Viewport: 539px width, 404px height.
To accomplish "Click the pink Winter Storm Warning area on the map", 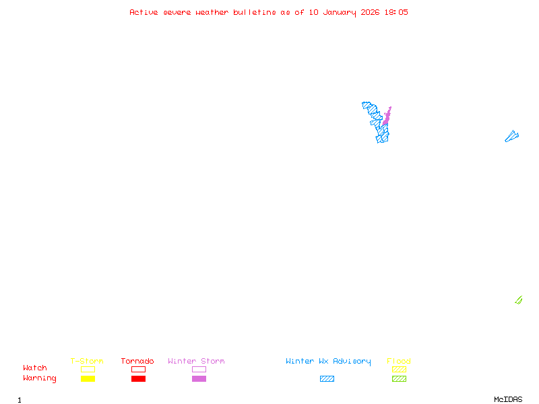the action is point(387,116).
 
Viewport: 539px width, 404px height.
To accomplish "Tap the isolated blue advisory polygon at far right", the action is point(511,137).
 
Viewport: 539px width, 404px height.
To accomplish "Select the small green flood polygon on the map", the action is point(518,300).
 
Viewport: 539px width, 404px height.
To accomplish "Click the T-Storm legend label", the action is point(87,362).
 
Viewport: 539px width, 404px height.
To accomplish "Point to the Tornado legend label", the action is point(137,362).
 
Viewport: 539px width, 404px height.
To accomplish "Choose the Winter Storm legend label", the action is point(196,362).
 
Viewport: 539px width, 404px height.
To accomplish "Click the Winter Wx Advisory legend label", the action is point(328,362).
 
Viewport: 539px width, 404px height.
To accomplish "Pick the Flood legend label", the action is point(399,362).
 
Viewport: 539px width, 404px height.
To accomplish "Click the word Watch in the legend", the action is point(35,368).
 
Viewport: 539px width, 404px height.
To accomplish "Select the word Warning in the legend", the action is point(40,378).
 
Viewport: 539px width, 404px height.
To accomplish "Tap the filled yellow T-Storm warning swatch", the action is point(88,379).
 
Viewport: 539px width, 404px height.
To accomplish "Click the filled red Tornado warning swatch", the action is point(138,379).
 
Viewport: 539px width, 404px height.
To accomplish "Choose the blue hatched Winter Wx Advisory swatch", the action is point(327,379).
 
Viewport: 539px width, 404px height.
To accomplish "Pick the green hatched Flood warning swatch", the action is point(399,379).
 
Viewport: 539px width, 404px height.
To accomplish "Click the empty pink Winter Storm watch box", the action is point(199,369).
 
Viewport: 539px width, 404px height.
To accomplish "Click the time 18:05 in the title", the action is point(396,12).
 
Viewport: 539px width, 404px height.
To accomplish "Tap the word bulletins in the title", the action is point(255,12).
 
